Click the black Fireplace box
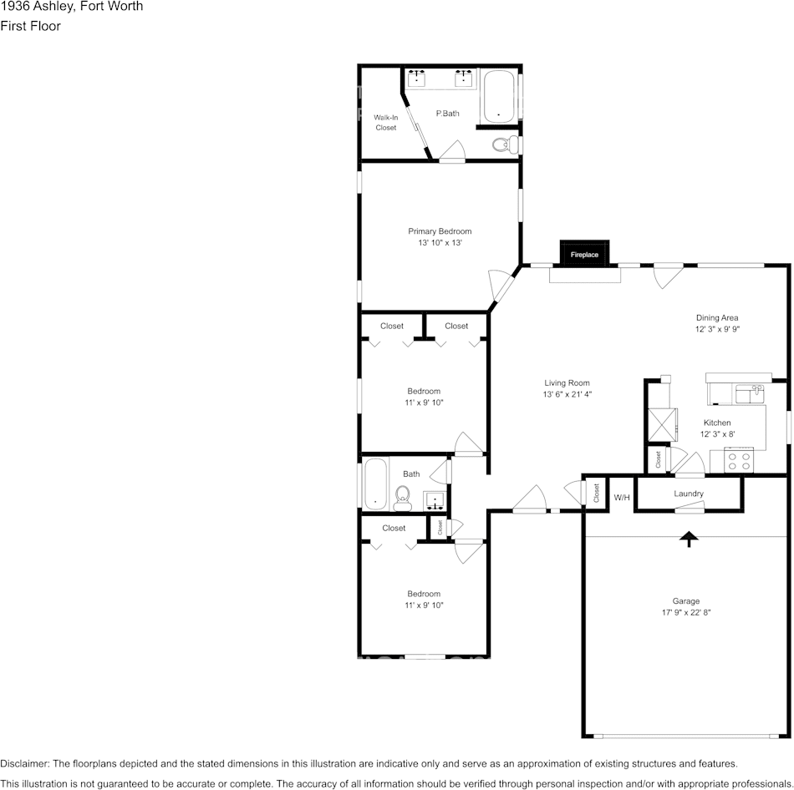[584, 254]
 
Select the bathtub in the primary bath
[498, 96]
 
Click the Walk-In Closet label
[385, 123]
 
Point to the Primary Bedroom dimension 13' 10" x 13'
[440, 243]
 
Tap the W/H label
[621, 498]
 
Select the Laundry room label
[689, 494]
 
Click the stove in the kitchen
[740, 460]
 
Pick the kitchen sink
[750, 392]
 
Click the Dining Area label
[717, 317]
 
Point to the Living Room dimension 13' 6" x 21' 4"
[567, 394]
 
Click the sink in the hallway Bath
[435, 501]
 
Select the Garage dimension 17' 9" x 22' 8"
[686, 612]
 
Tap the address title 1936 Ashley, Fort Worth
[72, 7]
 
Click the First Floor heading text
[30, 26]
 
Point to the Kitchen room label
[716, 423]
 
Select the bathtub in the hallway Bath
[376, 484]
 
